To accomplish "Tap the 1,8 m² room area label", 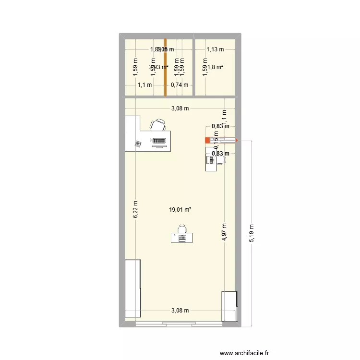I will pyautogui.click(x=215, y=67).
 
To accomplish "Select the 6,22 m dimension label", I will pyautogui.click(x=136, y=210).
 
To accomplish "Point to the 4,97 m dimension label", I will pyautogui.click(x=225, y=234).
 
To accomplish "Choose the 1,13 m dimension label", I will pyautogui.click(x=215, y=48).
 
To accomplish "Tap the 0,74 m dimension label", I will pyautogui.click(x=180, y=85).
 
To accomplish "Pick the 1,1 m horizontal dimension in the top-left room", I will pyautogui.click(x=144, y=85).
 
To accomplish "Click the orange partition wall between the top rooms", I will pyautogui.click(x=166, y=67).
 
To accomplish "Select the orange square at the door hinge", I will pyautogui.click(x=208, y=140).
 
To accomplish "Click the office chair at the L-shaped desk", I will pyautogui.click(x=159, y=126).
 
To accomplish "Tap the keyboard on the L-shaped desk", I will pyautogui.click(x=159, y=141).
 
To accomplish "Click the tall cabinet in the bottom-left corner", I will pyautogui.click(x=132, y=288).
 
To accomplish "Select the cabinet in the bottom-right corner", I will pyautogui.click(x=229, y=306).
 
